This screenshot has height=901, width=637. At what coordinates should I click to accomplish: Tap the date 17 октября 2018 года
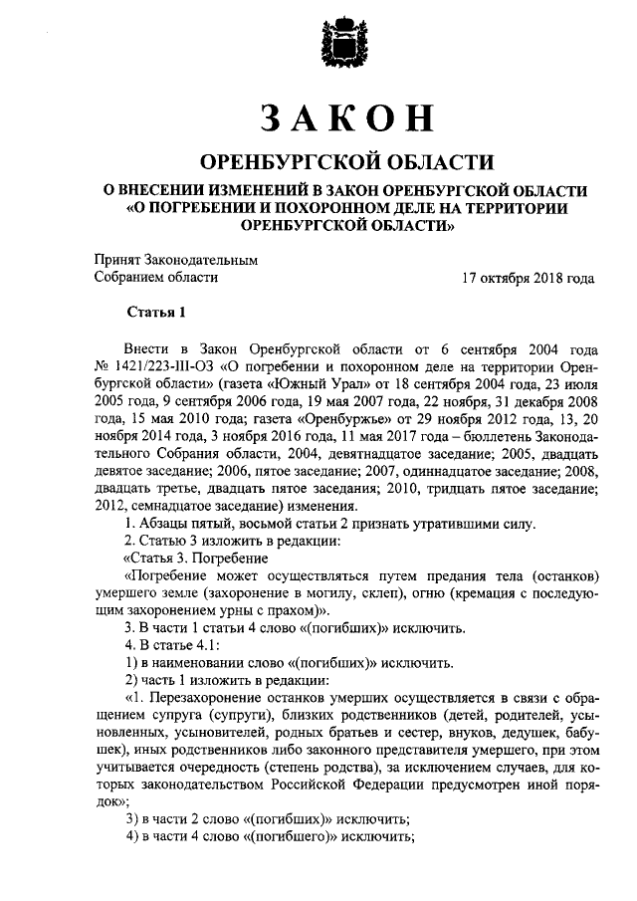[529, 279]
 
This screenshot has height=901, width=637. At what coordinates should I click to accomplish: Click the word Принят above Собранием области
[119, 259]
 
